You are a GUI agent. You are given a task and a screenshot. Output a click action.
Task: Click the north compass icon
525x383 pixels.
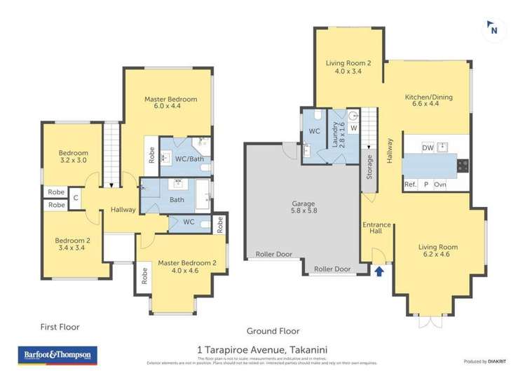[x=493, y=29]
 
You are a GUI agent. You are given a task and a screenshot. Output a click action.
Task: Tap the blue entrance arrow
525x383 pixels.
[x=379, y=271]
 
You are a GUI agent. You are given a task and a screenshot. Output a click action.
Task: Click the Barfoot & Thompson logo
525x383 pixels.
[x=57, y=356]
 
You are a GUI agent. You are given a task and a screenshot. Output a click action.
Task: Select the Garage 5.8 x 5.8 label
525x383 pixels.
[x=304, y=208]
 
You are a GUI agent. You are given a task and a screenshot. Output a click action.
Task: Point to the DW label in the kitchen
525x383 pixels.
[x=428, y=147]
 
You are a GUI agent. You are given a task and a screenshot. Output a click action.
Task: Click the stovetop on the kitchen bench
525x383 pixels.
[x=463, y=166]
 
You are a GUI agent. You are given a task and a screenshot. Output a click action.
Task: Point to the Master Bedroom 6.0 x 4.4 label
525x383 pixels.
[x=170, y=103]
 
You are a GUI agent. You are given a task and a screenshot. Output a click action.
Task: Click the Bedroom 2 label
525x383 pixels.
[x=73, y=244]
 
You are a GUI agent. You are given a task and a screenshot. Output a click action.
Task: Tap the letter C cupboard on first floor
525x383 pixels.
[x=75, y=199]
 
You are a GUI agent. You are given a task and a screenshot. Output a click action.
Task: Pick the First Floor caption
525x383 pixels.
[x=59, y=327]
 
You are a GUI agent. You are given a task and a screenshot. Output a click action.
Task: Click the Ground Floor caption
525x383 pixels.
[x=273, y=331]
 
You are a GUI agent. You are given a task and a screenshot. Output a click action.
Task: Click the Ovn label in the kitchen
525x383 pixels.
[x=440, y=184]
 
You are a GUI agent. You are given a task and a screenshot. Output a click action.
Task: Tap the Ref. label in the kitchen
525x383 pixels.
[x=410, y=184]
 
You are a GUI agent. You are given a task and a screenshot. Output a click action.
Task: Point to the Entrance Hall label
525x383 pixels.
[x=376, y=229]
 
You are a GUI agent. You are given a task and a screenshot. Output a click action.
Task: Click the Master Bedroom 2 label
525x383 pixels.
[x=186, y=267]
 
